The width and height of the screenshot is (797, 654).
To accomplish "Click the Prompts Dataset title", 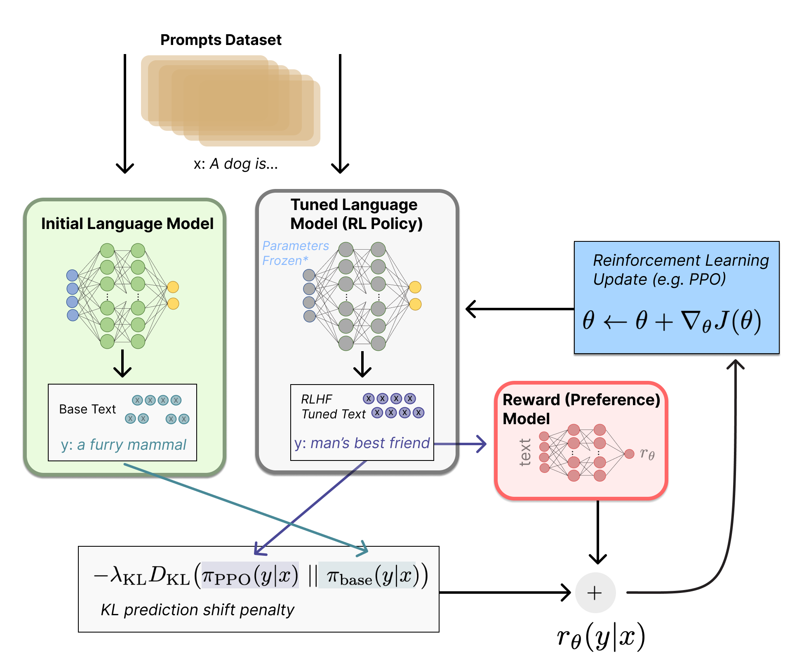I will point(221,40).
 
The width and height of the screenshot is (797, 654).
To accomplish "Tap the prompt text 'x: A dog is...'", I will point(236,164).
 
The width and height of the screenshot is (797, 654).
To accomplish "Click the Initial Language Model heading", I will point(127,224).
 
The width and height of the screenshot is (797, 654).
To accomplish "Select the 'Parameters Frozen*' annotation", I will point(295,253).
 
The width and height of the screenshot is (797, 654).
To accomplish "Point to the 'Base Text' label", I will point(87,409).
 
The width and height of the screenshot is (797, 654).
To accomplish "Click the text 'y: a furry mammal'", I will point(123,445).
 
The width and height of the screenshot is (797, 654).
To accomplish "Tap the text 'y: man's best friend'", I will point(362,443).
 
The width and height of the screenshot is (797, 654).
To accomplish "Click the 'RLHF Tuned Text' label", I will point(333,406).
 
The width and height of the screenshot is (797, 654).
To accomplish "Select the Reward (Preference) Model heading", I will point(581,408).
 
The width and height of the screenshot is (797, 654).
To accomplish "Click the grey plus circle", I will point(595,593).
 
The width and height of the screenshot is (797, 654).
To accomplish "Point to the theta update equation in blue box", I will point(672,321).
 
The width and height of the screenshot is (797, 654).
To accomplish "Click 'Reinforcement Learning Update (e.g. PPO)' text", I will point(680,269).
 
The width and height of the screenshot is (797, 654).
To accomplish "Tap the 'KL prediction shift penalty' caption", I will point(197,610).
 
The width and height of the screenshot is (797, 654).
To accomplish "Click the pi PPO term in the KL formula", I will point(249,575).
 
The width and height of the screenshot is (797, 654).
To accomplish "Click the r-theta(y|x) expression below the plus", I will point(600,637).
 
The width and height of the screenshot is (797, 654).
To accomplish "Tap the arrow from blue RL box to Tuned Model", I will point(520,309).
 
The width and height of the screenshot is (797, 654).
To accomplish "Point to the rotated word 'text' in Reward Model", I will point(525,453).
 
